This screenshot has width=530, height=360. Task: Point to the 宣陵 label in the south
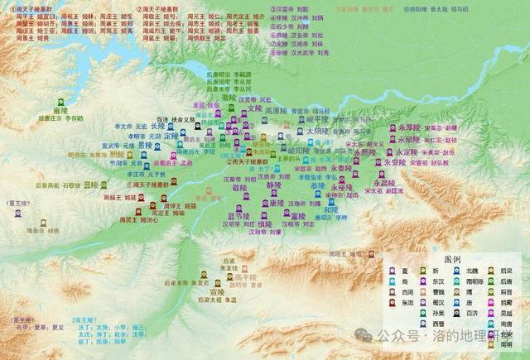[x=217, y=291]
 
